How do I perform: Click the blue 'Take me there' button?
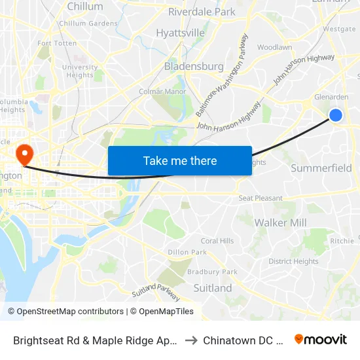pyautogui.click(x=179, y=161)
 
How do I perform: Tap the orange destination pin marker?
pyautogui.click(x=25, y=154)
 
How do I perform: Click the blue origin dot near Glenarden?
pyautogui.click(x=335, y=115)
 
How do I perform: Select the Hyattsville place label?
pyautogui.click(x=180, y=33)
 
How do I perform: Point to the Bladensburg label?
pyautogui.click(x=194, y=66)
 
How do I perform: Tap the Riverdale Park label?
pyautogui.click(x=202, y=12)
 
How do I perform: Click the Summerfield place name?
pyautogui.click(x=321, y=168)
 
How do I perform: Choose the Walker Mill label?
pyautogui.click(x=280, y=223)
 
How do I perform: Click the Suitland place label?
pyautogui.click(x=213, y=288)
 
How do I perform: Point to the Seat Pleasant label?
pyautogui.click(x=261, y=198)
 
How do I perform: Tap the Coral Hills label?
pyautogui.click(x=217, y=241)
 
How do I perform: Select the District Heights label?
pyautogui.click(x=293, y=261)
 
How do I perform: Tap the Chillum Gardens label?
pyautogui.click(x=88, y=24)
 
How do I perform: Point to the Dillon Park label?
pyautogui.click(x=187, y=252)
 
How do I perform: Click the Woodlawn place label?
pyautogui.click(x=274, y=48)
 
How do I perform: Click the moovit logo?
pyautogui.click(x=320, y=340)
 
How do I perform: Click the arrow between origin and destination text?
pyautogui.click(x=191, y=340)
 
